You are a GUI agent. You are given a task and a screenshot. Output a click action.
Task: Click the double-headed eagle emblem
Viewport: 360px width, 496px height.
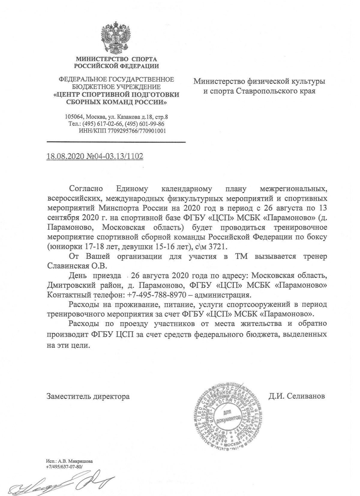coord(116,37)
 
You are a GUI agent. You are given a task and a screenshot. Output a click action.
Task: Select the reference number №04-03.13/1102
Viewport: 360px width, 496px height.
coord(114,156)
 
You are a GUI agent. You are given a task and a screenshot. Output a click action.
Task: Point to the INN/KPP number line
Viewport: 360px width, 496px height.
coord(122,131)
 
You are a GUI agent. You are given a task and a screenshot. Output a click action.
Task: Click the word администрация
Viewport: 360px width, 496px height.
coord(223,295)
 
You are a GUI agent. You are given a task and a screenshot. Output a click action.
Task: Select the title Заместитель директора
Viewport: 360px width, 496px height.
coord(88,397)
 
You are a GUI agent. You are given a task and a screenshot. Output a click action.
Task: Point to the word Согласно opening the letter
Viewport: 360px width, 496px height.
coord(86,189)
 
